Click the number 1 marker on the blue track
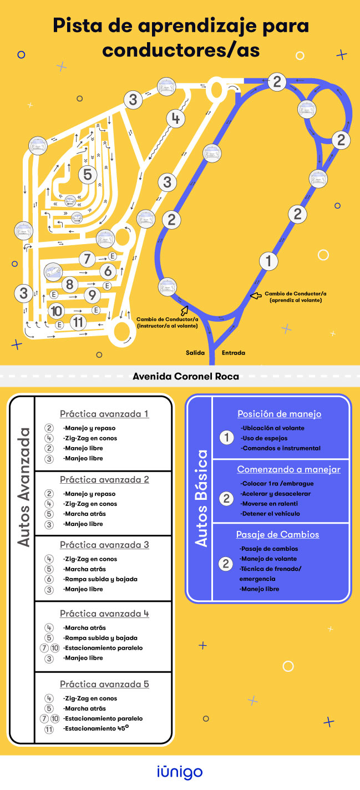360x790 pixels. click(268, 261)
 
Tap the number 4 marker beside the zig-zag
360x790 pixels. click(176, 119)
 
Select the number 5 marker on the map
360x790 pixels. click(88, 174)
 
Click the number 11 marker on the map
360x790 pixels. click(78, 322)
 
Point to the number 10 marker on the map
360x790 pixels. click(57, 311)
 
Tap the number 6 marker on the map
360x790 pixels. click(108, 271)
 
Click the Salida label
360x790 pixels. click(195, 353)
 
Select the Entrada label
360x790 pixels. click(234, 353)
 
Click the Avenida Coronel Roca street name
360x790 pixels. click(186, 376)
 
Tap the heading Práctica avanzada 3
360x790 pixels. click(104, 545)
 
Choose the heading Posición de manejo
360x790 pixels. click(279, 414)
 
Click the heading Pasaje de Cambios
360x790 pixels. click(277, 534)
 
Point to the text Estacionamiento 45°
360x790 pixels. click(96, 728)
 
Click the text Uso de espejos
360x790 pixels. click(264, 438)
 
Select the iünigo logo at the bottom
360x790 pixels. click(180, 772)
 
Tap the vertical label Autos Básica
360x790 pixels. click(201, 498)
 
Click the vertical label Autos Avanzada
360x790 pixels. click(24, 488)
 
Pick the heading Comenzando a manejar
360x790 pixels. click(289, 469)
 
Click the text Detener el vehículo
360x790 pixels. click(270, 514)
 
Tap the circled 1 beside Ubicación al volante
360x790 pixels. click(226, 438)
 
